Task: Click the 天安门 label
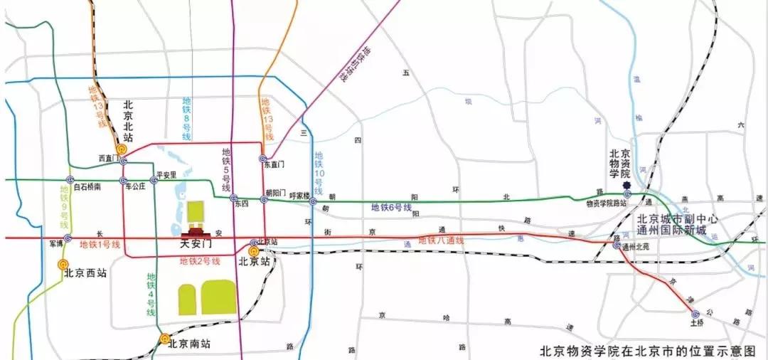click(198, 244)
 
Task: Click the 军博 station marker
click(68, 238)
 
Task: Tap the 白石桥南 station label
click(87, 186)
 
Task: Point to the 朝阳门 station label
click(275, 193)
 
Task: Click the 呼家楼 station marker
click(313, 202)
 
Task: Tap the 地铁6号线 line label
click(392, 208)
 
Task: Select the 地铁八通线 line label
click(441, 240)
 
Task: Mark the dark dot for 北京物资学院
click(626, 187)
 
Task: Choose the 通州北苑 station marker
click(616, 245)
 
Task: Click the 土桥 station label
click(696, 322)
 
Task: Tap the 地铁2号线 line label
click(200, 261)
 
